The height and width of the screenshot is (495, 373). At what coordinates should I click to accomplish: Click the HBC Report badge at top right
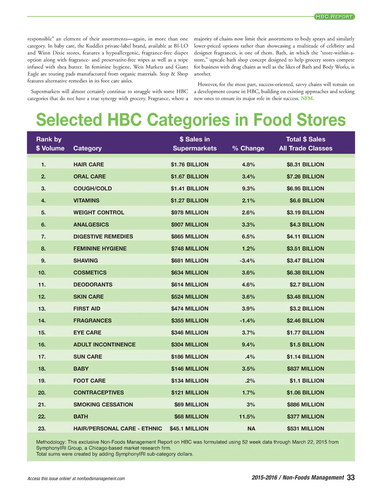(334, 17)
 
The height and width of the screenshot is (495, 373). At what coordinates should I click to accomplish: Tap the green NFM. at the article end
(307, 98)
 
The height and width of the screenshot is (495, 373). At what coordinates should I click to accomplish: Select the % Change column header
(248, 148)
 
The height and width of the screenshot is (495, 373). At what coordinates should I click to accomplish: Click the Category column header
(87, 148)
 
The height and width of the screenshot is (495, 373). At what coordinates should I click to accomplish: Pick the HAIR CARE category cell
(89, 165)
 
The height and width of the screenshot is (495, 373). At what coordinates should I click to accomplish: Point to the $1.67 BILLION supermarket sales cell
(189, 177)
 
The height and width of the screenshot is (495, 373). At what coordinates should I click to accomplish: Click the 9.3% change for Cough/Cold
(248, 189)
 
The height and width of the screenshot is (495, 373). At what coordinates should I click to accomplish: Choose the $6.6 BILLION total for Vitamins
(307, 201)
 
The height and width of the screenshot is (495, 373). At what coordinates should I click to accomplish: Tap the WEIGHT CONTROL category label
(99, 213)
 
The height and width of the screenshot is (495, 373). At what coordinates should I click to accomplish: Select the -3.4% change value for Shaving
(247, 261)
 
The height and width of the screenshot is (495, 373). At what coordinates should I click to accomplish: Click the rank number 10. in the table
(42, 273)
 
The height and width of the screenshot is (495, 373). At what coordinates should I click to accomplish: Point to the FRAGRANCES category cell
(93, 321)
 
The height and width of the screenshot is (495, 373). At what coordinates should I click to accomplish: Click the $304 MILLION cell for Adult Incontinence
(189, 345)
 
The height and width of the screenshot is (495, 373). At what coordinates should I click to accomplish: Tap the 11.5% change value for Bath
(247, 417)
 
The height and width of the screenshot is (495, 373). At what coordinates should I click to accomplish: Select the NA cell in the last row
(251, 429)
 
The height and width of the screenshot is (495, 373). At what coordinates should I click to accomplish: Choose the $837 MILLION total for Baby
(305, 369)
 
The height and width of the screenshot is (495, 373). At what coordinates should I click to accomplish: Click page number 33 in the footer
(351, 478)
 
